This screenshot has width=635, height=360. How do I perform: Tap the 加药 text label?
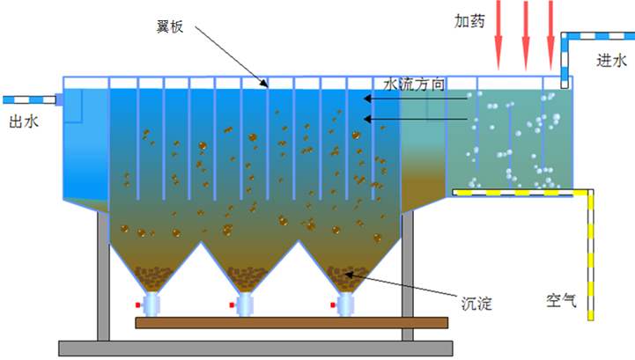point(469,20)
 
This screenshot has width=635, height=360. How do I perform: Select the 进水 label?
point(610,61)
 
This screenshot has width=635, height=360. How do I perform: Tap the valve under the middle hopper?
point(247,305)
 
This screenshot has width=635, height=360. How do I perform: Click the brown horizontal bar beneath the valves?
point(291,322)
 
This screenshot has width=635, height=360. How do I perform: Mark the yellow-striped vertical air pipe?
point(594,255)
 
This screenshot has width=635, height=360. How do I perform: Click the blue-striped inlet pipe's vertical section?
point(565,57)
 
